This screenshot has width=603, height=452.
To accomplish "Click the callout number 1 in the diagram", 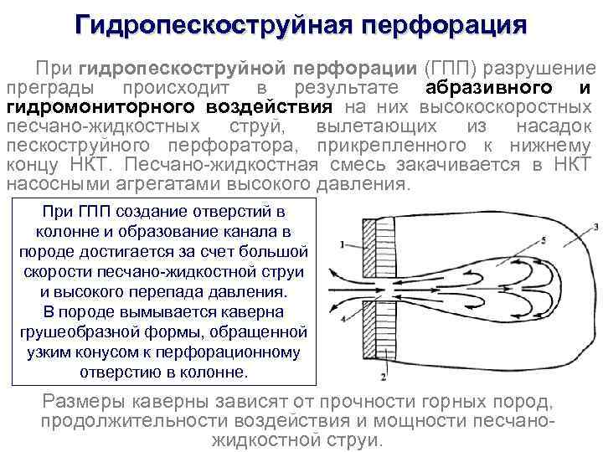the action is click(343, 244).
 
